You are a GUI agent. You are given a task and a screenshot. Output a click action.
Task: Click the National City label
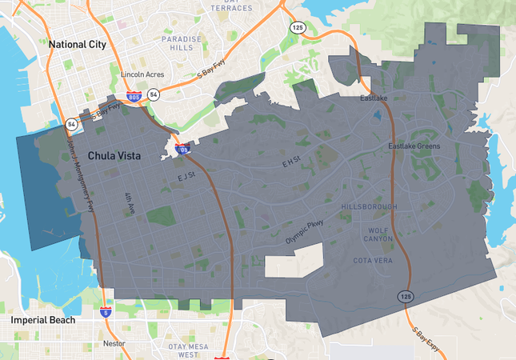(78, 45)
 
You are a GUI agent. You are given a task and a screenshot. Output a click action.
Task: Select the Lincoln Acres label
(142, 74)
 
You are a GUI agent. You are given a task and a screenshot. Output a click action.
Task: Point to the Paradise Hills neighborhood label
(177, 43)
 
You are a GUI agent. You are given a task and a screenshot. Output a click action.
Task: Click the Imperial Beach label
(42, 320)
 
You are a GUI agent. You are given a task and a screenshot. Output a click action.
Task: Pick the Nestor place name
(114, 343)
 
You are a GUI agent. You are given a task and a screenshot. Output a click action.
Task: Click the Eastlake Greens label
(414, 146)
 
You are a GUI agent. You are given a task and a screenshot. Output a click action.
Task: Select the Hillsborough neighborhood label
(369, 206)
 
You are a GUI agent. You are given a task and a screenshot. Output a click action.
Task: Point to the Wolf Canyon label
(379, 234)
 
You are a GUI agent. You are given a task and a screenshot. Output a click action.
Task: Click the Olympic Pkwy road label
(305, 231)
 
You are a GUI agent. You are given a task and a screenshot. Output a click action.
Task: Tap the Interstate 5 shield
(106, 312)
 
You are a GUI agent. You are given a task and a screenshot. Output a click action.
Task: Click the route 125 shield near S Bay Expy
(406, 297)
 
